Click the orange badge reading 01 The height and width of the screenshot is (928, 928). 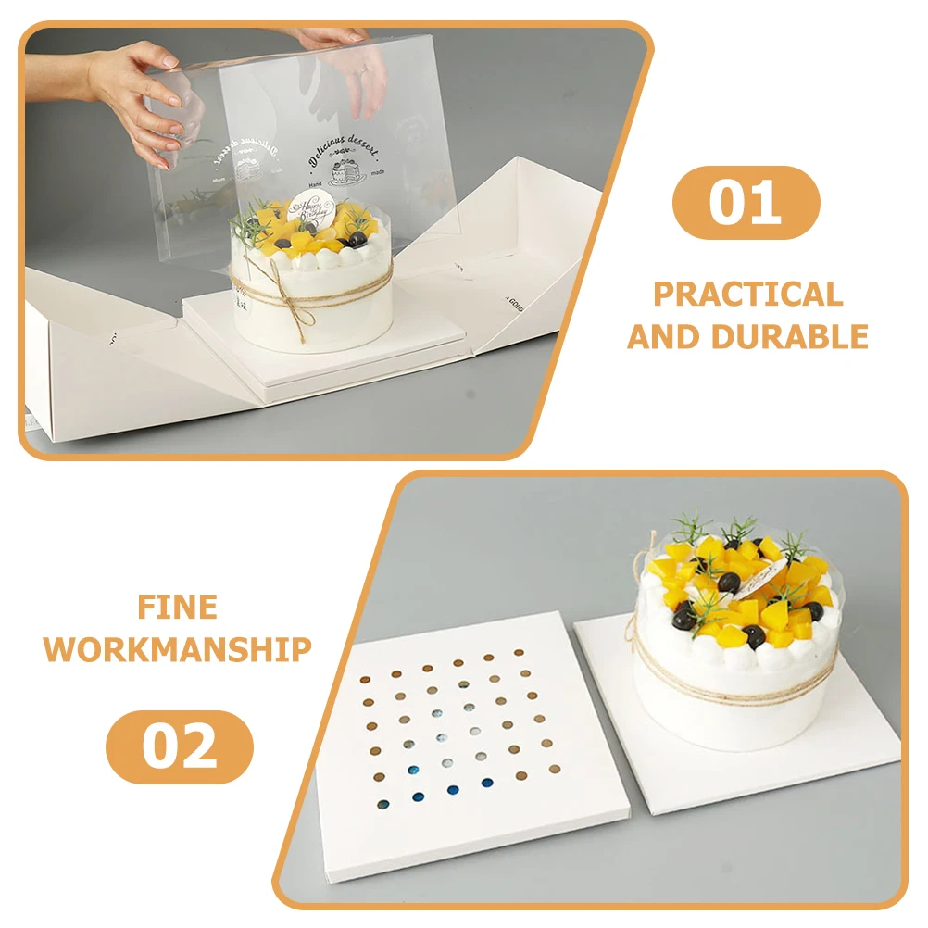(x=746, y=203)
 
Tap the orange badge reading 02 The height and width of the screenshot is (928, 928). (x=179, y=746)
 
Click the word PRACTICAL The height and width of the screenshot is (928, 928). (x=748, y=295)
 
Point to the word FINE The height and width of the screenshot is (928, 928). (x=178, y=608)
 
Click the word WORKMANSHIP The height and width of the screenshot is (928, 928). (x=178, y=649)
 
